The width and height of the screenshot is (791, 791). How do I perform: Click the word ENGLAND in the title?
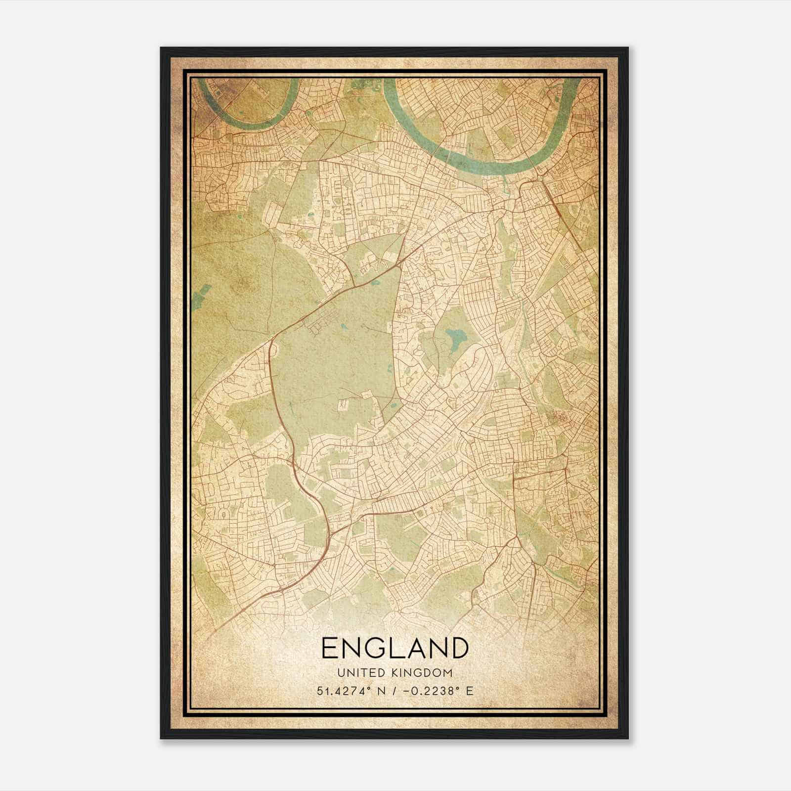click(395, 648)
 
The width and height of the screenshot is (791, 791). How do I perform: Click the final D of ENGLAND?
click(458, 648)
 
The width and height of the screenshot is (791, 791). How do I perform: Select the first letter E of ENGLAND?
click(330, 648)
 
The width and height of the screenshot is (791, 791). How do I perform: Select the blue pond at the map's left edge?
click(199, 298)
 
